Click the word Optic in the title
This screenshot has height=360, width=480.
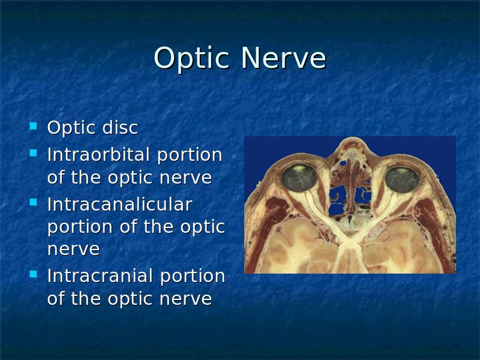[191, 59]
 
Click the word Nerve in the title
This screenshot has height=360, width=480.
[283, 58]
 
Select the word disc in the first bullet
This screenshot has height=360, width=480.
[120, 127]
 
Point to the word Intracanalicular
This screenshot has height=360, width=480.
[119, 204]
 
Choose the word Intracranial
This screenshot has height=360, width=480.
[101, 275]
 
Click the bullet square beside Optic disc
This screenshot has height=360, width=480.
[33, 126]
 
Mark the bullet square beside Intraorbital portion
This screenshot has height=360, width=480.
[33, 153]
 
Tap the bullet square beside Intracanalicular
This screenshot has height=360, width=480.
[33, 202]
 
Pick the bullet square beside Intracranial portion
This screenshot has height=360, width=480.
[33, 274]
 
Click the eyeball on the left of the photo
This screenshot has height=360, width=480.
[299, 178]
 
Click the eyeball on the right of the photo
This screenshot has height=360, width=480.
[401, 179]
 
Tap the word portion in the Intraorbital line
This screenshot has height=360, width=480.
[190, 155]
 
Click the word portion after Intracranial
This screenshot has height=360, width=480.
[193, 277]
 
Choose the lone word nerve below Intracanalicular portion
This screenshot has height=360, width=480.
[73, 249]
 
